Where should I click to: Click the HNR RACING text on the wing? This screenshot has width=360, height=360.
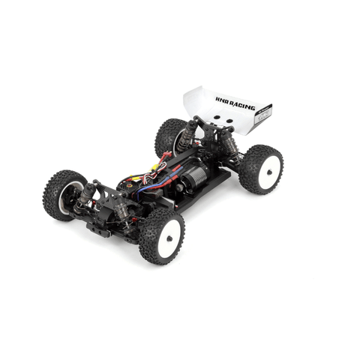click(x=235, y=106)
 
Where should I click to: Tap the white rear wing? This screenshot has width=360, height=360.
click(x=225, y=109)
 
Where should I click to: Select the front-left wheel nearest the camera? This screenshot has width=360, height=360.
click(x=160, y=235)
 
